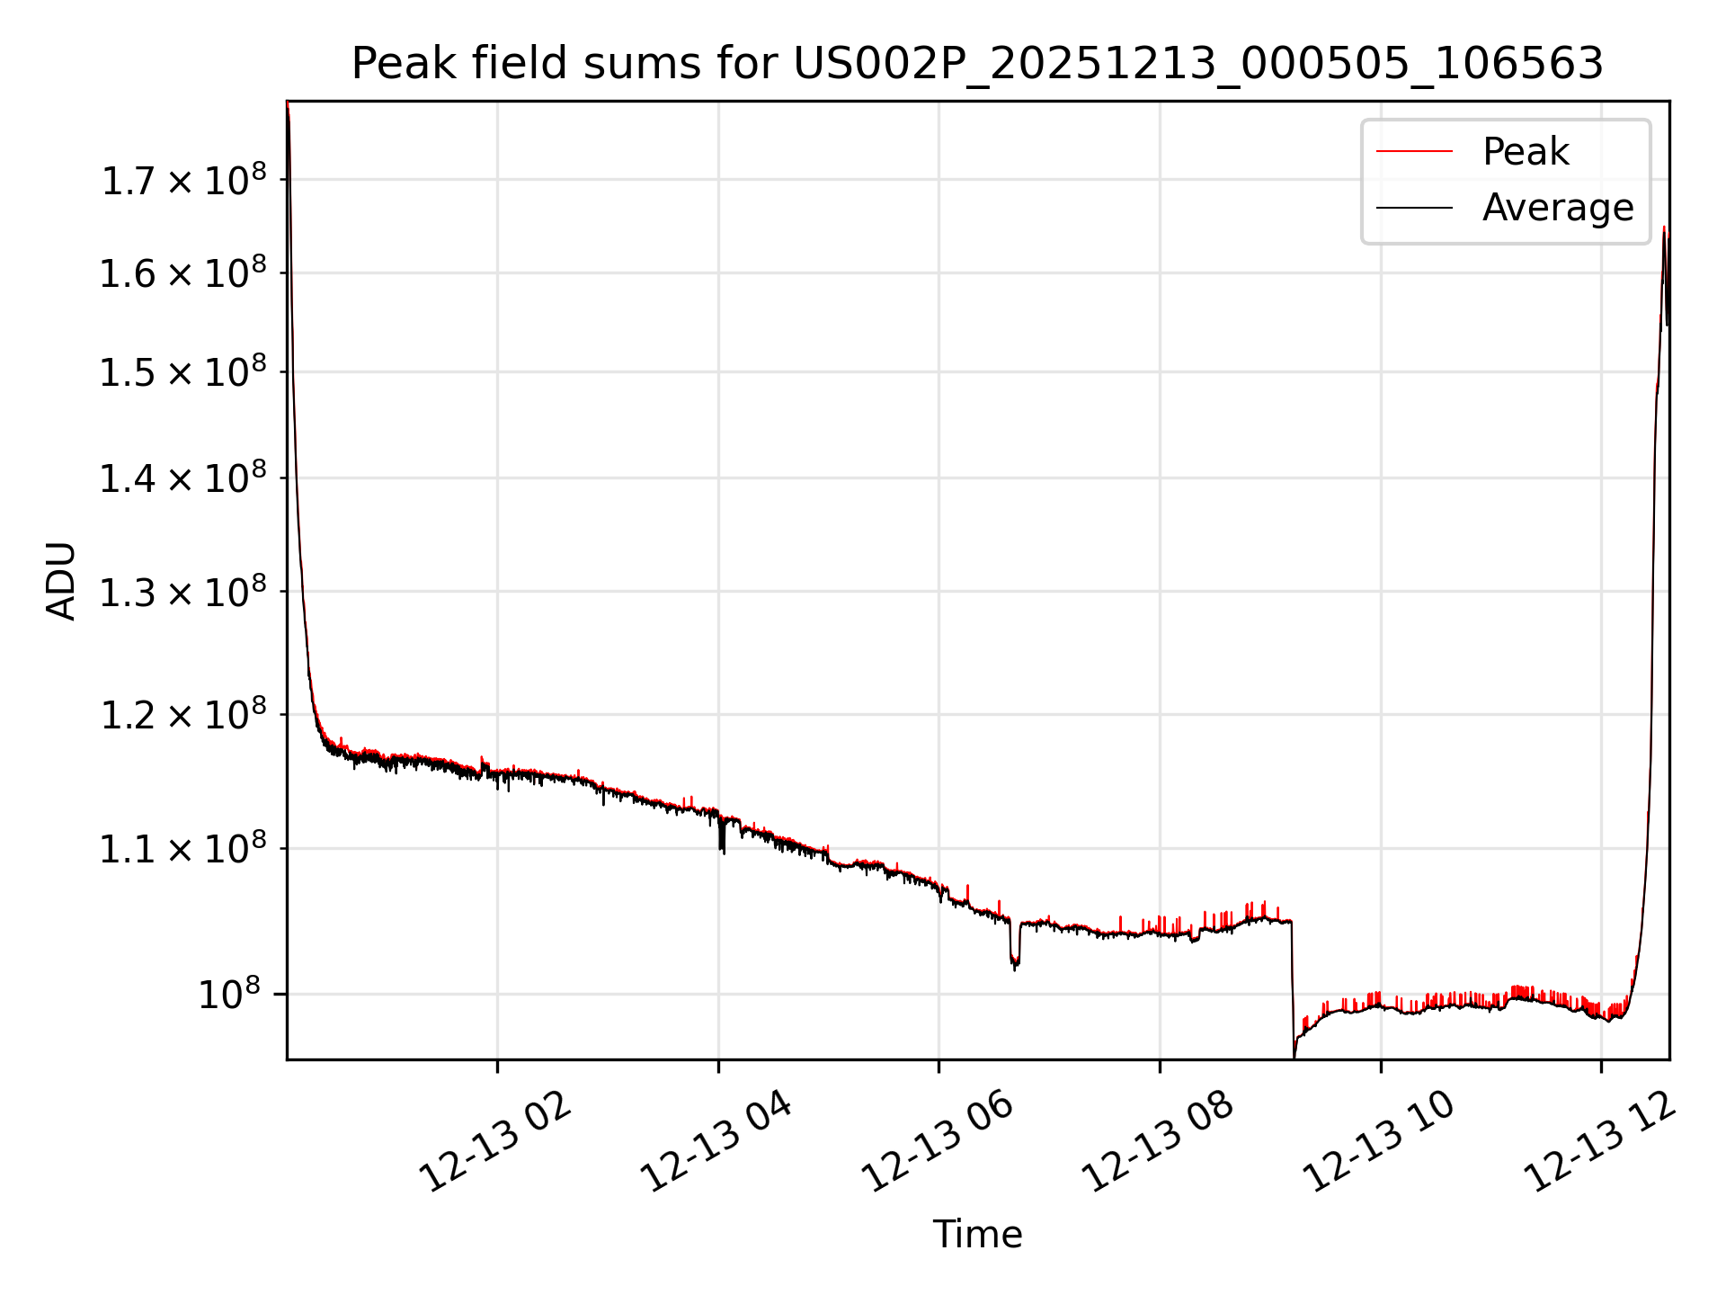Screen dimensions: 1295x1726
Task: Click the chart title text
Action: pyautogui.click(x=977, y=64)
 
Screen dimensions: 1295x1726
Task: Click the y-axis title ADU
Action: pyautogui.click(x=61, y=580)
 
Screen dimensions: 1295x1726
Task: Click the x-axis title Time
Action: pyautogui.click(x=977, y=1235)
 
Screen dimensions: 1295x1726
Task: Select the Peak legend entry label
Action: pyautogui.click(x=1526, y=151)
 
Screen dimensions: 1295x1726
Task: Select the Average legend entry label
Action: pyautogui.click(x=1557, y=208)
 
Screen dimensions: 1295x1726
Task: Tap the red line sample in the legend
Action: pyautogui.click(x=1414, y=151)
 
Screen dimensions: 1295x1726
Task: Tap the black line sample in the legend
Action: pyautogui.click(x=1414, y=208)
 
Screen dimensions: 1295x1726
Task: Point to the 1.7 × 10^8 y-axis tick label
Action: pyautogui.click(x=183, y=181)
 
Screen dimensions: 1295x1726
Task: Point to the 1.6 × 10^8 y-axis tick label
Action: pyautogui.click(x=183, y=273)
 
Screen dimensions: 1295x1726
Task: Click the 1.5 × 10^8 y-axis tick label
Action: pyautogui.click(x=183, y=372)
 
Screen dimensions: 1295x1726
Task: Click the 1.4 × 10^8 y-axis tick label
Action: pyautogui.click(x=183, y=478)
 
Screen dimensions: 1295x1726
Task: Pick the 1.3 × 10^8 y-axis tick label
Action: pyautogui.click(x=183, y=593)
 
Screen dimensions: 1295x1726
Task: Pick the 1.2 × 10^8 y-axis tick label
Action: pyautogui.click(x=183, y=716)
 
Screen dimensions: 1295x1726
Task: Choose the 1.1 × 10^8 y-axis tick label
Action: pyautogui.click(x=183, y=849)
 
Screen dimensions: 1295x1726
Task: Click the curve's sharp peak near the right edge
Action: pyautogui.click(x=1664, y=230)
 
